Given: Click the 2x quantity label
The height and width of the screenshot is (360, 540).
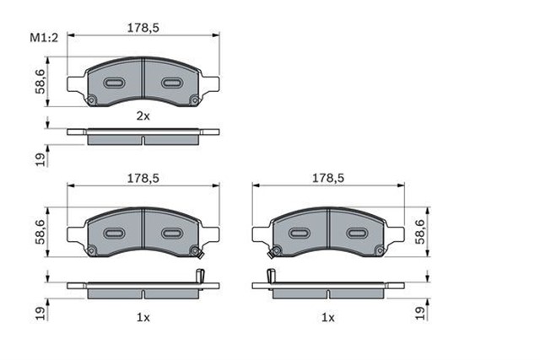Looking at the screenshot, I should [143, 116].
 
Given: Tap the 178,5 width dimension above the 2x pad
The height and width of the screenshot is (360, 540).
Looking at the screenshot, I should [143, 28].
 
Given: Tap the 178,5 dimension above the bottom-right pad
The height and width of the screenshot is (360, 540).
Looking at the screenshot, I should [328, 178].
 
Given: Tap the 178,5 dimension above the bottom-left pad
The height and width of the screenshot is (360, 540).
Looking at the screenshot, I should [143, 178].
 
